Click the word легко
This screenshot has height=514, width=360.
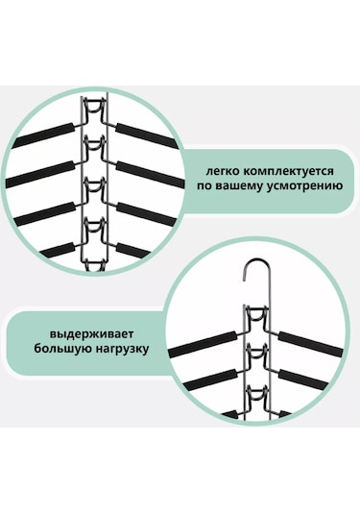(x=222, y=171)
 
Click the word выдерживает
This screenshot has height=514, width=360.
(x=91, y=334)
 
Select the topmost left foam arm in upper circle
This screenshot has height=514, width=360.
(x=43, y=135)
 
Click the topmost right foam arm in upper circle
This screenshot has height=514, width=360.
(x=147, y=135)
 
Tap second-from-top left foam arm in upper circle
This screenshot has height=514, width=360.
(x=41, y=174)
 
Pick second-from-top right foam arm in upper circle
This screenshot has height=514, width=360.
(x=150, y=174)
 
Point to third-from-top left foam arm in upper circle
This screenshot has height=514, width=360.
(x=45, y=213)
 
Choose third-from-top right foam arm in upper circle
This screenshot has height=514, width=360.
(x=147, y=214)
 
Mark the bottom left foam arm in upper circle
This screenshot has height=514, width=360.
(x=58, y=250)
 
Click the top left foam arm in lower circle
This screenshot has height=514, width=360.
(x=203, y=344)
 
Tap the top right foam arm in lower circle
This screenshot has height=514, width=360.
(x=311, y=344)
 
